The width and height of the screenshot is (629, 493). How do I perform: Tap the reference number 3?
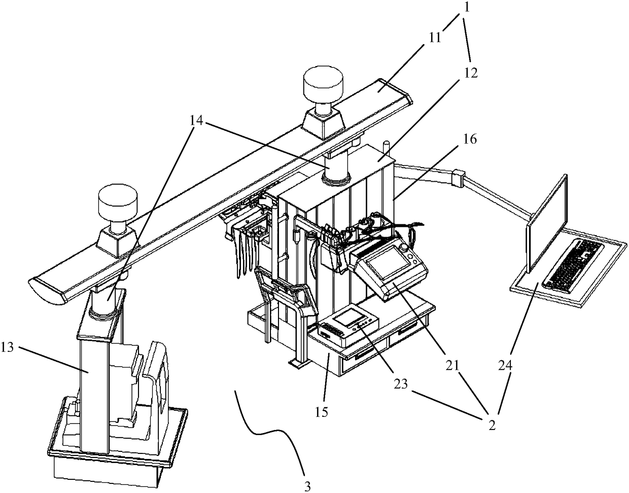point(307,486)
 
